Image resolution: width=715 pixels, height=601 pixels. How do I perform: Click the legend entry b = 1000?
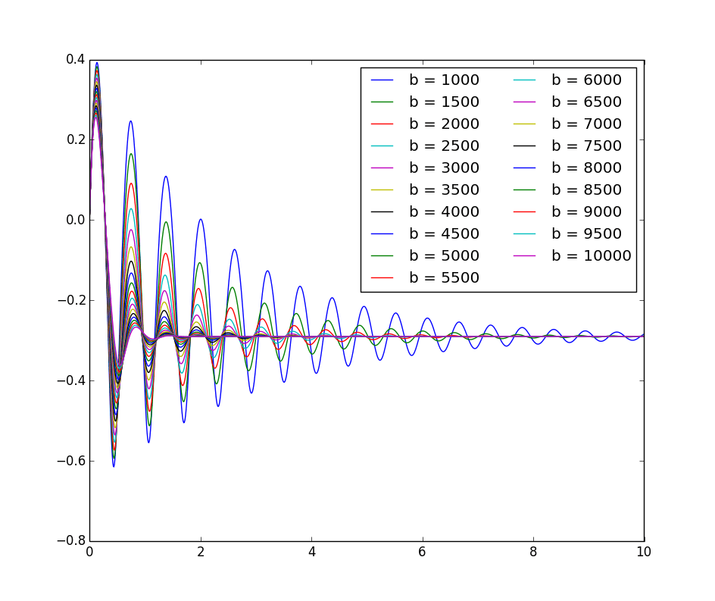tap(444, 80)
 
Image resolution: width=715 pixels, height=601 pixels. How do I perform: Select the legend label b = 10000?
tap(591, 255)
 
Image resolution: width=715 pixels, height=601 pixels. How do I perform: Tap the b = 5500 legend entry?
tap(444, 277)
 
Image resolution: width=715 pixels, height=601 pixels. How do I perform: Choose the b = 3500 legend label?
tap(444, 189)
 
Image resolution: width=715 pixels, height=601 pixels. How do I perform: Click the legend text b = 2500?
tap(444, 146)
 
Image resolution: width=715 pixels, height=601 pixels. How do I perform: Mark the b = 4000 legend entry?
tap(444, 211)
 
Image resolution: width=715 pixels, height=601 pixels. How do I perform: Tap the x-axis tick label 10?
tap(644, 552)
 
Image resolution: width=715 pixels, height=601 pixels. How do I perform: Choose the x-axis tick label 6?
tap(422, 552)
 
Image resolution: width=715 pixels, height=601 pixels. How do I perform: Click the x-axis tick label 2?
tap(200, 552)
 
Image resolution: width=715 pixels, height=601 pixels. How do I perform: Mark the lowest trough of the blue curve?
tap(114, 466)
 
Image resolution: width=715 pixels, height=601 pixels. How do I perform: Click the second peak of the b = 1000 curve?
tap(130, 121)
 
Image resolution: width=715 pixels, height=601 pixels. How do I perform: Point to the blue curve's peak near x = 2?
tap(201, 219)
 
